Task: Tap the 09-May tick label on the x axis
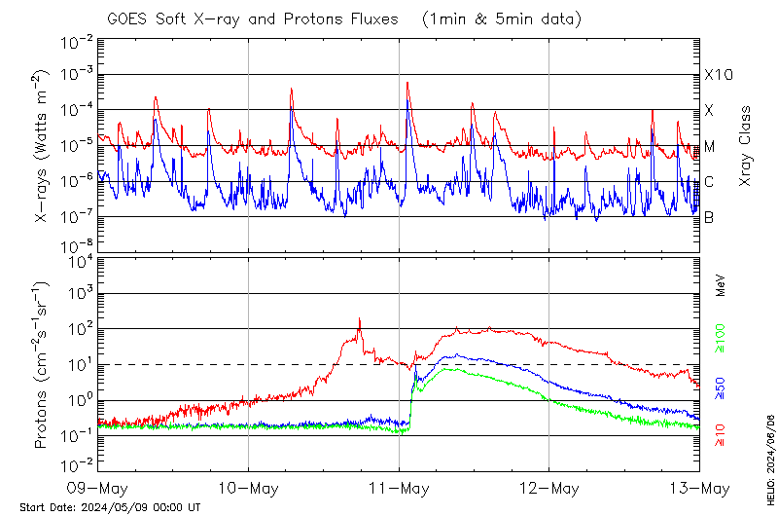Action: click(x=98, y=486)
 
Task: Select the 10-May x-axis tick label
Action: click(x=248, y=486)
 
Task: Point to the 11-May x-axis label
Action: click(x=399, y=486)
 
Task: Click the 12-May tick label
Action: click(x=548, y=486)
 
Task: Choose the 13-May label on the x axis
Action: click(x=698, y=486)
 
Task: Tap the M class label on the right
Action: click(x=710, y=147)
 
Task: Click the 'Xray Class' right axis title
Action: click(x=746, y=146)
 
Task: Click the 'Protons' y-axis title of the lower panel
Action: click(x=42, y=365)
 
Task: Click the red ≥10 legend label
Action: click(x=721, y=436)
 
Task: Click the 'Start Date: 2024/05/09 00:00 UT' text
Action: click(x=110, y=507)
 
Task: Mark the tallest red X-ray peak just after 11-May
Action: click(x=407, y=83)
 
